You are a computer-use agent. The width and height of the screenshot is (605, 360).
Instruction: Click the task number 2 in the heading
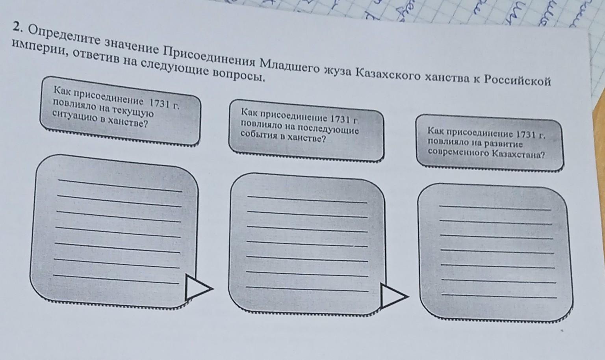point(16,26)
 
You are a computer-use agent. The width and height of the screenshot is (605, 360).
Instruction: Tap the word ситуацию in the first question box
point(71,116)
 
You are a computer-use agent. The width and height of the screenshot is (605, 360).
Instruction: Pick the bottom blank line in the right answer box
point(499,295)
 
